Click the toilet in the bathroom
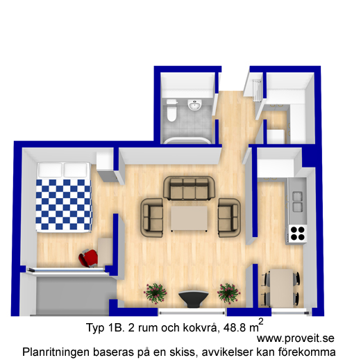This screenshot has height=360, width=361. (171, 111)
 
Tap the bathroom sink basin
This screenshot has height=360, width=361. (195, 106)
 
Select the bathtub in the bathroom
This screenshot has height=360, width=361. (187, 140)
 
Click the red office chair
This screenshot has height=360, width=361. (89, 258)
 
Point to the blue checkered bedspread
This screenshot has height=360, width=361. (64, 204)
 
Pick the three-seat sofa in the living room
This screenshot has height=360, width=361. (190, 188)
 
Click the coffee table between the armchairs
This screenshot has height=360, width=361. (189, 219)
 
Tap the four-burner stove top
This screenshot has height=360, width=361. (297, 234)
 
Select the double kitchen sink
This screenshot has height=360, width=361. (298, 202)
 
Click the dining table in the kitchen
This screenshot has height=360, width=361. (282, 288)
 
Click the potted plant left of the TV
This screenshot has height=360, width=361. (155, 293)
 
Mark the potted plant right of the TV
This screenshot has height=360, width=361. (228, 293)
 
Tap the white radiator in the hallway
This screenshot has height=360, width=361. (257, 90)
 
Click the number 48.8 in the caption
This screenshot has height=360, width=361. (235, 327)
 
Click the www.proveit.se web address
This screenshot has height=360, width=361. (296, 338)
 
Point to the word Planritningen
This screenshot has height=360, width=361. (56, 352)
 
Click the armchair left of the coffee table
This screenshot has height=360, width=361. (152, 218)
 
